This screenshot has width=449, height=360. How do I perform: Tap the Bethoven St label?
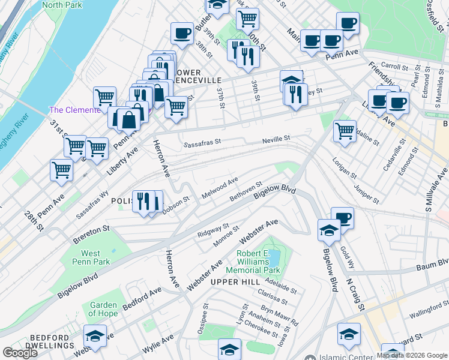pos(246,191)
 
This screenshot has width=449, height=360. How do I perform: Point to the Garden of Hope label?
pos(103,309)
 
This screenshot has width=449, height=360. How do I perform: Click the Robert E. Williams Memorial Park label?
pos(261,262)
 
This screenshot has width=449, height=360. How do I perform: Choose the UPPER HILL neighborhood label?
pos(229,281)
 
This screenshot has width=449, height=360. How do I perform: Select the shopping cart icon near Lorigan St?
pos(345,130)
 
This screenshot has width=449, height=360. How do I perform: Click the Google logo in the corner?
pos(20,353)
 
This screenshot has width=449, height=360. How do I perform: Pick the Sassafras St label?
pos(202,144)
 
